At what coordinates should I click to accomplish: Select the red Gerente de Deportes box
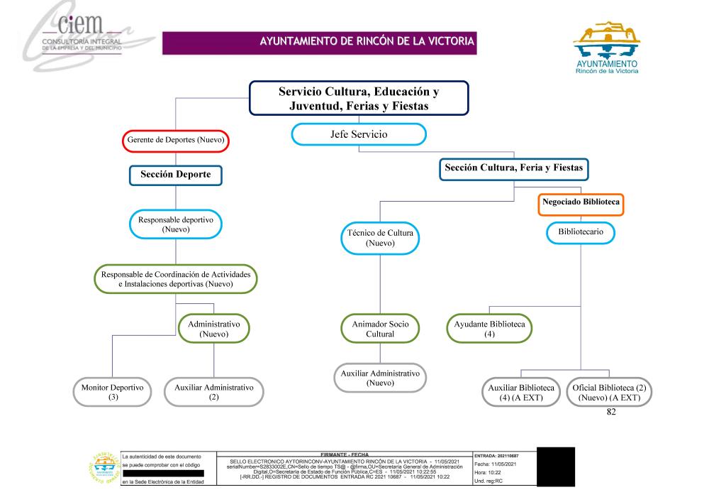[x=175, y=141]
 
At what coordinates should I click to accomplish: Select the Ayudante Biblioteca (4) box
[x=490, y=329]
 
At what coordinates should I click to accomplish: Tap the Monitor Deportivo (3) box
[x=113, y=393]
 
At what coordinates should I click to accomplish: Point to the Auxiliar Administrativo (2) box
[x=214, y=393]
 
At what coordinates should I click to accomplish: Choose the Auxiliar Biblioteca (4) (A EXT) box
[x=522, y=393]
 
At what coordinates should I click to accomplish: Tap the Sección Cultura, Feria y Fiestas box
[x=514, y=169]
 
